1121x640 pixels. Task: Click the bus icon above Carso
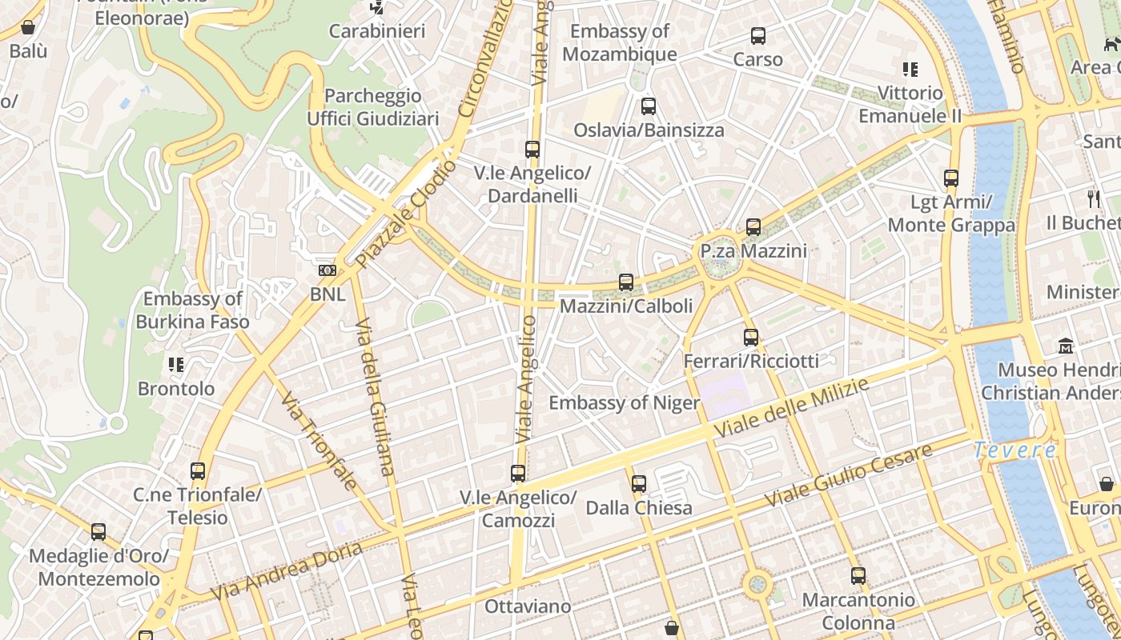pos(757,36)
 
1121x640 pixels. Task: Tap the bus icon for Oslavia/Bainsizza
pos(649,106)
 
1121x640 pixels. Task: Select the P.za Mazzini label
pos(753,251)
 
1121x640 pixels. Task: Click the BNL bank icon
pos(327,270)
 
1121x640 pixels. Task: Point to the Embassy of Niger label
pos(624,402)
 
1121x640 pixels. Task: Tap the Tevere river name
pos(1015,450)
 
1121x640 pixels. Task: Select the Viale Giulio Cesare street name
pos(849,474)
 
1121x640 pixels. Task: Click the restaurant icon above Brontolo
pos(176,366)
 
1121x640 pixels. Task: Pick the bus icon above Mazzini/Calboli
pos(626,282)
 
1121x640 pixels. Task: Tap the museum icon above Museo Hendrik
pos(1066,346)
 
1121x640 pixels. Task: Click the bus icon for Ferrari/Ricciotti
pos(750,338)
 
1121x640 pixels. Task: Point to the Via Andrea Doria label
pos(288,570)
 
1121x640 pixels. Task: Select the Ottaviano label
pos(528,606)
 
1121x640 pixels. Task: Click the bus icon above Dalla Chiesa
pos(638,484)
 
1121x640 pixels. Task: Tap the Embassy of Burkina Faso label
pos(192,310)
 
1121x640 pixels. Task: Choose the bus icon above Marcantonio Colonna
pos(858,576)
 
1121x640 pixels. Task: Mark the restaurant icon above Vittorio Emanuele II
pos(910,70)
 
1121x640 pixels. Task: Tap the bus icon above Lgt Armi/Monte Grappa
pos(951,178)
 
